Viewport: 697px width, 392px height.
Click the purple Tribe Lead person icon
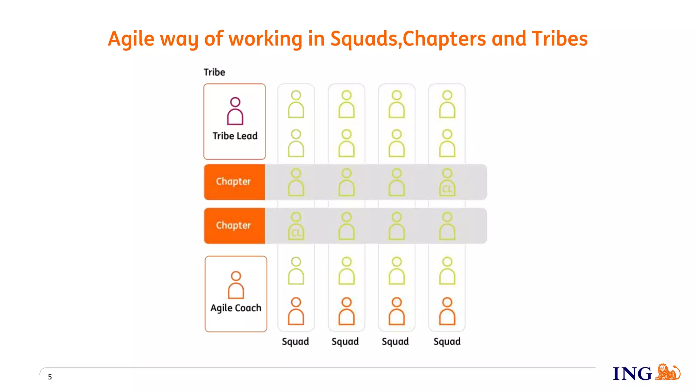point(235,111)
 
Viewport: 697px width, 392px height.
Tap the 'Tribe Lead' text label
point(235,136)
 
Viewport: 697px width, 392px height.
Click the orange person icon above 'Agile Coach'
point(236,285)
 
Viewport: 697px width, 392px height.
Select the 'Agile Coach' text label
point(236,308)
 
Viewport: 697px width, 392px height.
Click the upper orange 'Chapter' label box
point(234,182)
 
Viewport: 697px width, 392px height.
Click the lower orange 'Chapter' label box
point(234,226)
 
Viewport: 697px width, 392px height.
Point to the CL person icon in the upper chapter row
point(447,182)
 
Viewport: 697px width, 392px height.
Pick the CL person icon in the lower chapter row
point(296,226)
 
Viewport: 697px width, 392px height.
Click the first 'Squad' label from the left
point(295,342)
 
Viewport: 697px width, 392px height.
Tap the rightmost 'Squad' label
point(447,342)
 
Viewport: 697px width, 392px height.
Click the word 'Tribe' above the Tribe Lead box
point(214,72)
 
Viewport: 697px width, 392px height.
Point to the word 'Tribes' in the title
point(560,38)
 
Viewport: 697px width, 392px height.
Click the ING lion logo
point(667,372)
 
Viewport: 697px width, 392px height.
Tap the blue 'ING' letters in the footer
point(632,374)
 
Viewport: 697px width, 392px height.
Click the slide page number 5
point(50,377)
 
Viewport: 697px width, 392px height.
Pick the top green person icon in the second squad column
point(346,104)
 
